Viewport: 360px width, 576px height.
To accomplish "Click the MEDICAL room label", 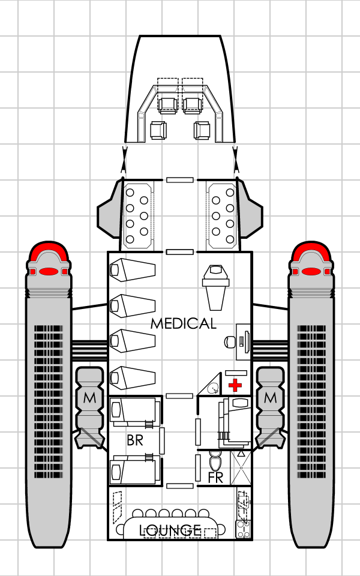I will pos(183,324).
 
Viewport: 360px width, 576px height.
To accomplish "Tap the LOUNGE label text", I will pos(170,530).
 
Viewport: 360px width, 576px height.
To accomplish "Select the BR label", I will pos(134,440).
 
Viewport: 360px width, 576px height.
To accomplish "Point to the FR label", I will pos(215,478).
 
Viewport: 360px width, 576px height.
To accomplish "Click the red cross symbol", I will pos(235,385).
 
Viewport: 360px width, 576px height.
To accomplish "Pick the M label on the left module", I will pos(90,398).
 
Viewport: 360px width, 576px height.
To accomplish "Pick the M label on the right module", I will pos(270,398).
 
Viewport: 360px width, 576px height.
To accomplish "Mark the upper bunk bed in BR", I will pos(135,412).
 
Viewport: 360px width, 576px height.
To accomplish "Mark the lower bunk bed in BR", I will pos(135,469).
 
